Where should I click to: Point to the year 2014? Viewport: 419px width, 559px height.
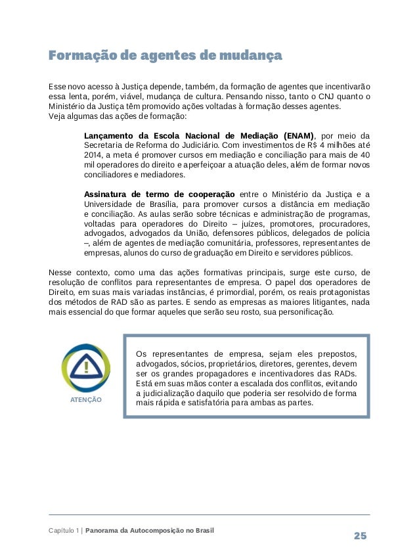point(95,156)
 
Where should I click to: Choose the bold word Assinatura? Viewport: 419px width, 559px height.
point(108,194)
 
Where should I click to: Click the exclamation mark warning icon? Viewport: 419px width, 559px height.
point(86,369)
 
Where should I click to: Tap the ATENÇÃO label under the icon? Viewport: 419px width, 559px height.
point(85,399)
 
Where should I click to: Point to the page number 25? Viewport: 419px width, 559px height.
point(360,535)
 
